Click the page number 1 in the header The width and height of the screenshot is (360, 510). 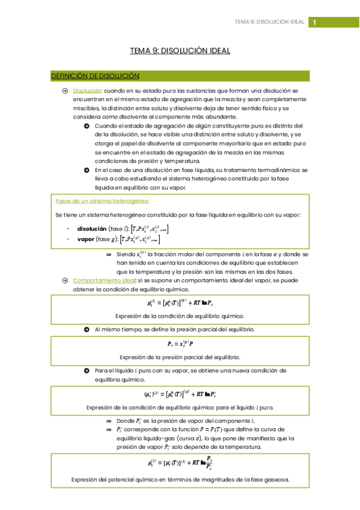click(314, 22)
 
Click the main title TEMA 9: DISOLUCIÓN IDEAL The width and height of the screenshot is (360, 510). click(180, 51)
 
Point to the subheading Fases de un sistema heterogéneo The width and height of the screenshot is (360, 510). click(102, 201)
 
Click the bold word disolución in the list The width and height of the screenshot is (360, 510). click(92, 229)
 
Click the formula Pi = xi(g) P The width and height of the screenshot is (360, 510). click(180, 344)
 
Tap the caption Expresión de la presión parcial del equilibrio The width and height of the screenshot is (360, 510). click(180, 357)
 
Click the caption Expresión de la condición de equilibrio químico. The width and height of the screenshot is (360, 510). click(180, 316)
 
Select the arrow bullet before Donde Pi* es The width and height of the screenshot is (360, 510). click(109, 421)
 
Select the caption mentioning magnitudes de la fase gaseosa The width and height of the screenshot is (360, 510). click(180, 479)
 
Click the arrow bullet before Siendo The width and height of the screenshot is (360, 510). click(109, 254)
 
